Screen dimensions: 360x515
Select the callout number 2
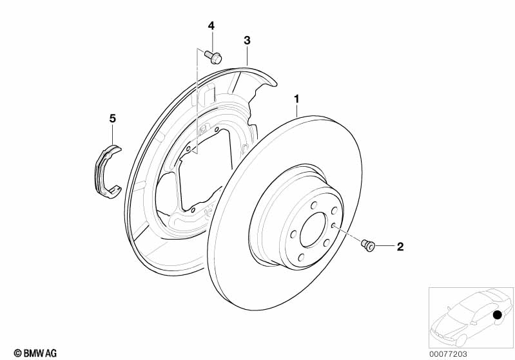point(400,246)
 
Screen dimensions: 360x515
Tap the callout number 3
point(247,40)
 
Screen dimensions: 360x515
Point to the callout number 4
point(211,25)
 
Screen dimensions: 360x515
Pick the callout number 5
point(112,118)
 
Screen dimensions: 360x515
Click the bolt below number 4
point(213,57)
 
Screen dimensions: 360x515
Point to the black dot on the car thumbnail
point(497,315)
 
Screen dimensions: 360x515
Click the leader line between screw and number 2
point(385,246)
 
